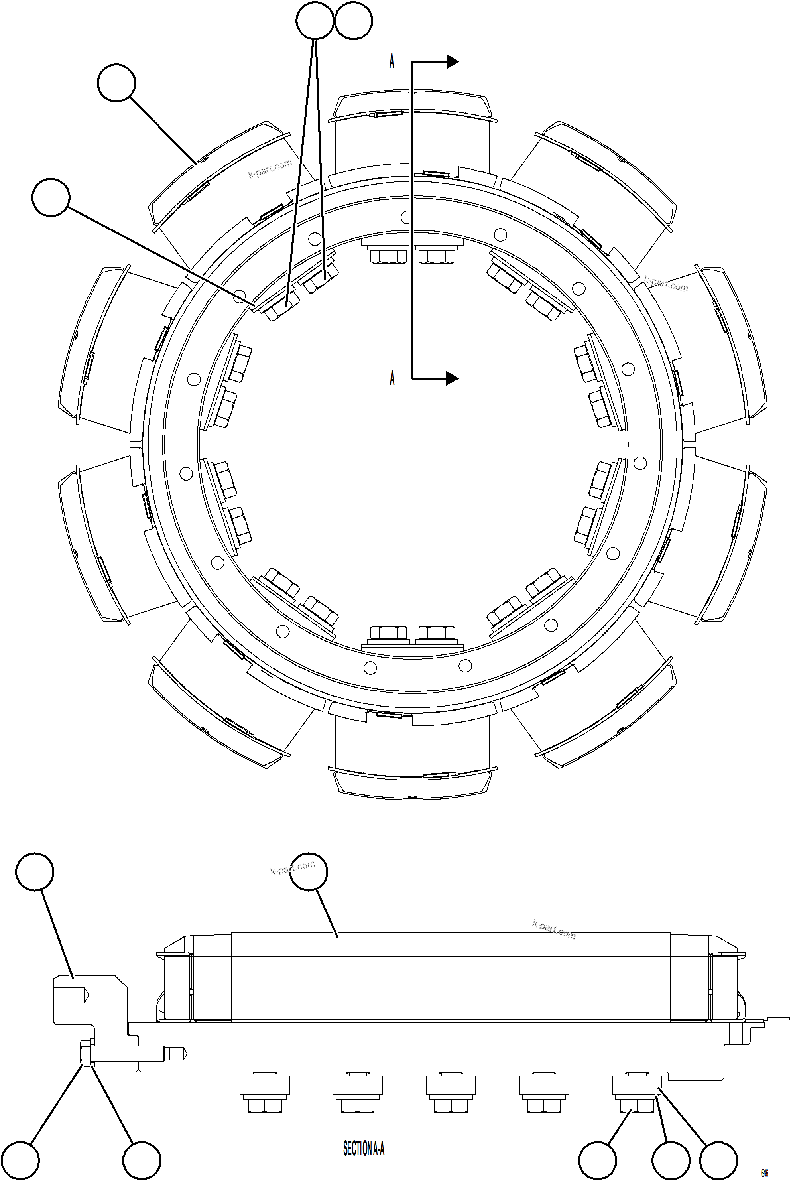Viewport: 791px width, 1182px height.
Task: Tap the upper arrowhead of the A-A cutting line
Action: [452, 61]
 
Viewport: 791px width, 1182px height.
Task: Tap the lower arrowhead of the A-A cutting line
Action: [452, 378]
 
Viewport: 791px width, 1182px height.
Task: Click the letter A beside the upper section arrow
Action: [392, 61]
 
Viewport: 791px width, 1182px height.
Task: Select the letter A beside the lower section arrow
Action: [392, 378]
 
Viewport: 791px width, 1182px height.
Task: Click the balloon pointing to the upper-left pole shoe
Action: [116, 83]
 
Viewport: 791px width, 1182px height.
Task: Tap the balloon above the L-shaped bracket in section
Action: [35, 871]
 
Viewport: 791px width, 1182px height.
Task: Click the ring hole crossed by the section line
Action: [407, 217]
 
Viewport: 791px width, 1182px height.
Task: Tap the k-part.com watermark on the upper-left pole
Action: [270, 169]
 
